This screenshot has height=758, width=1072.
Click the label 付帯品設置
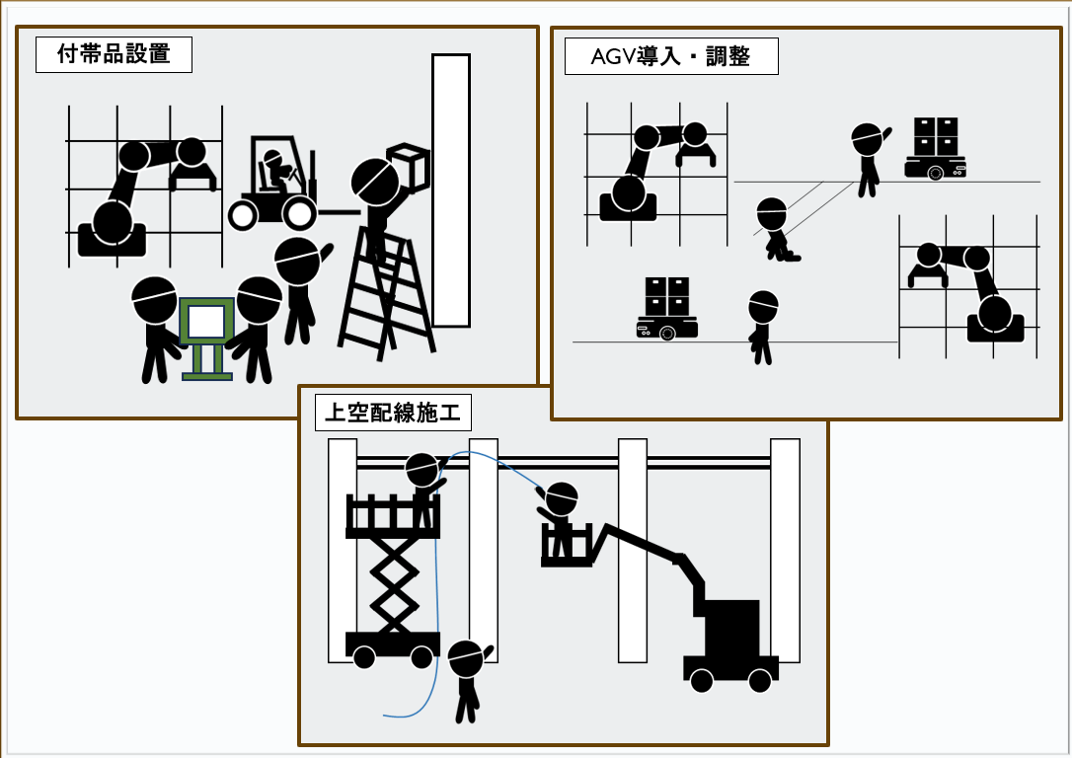(x=114, y=54)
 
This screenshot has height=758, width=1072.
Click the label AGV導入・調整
(x=671, y=56)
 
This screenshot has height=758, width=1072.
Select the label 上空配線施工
(x=394, y=413)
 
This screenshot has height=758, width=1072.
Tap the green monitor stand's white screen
(x=205, y=322)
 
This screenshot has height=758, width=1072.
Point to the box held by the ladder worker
(x=408, y=167)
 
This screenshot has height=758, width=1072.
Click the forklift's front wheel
(x=298, y=213)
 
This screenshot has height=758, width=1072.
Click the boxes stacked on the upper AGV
(x=935, y=136)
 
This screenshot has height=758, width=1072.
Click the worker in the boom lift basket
(x=561, y=518)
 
